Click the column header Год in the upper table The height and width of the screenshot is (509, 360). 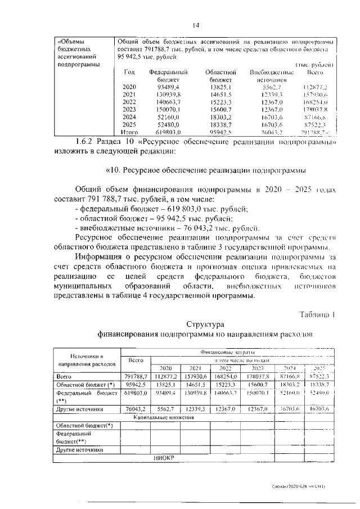pos(129,73)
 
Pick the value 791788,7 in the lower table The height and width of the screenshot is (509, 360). pos(136,376)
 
